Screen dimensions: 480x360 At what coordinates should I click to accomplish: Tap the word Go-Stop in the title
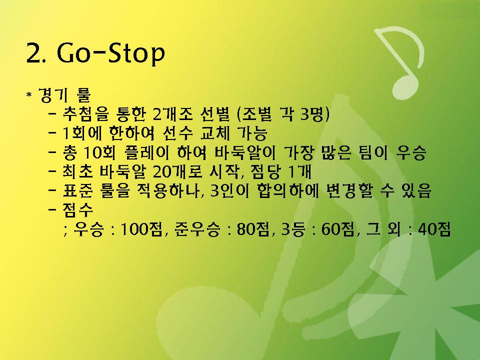click(x=111, y=54)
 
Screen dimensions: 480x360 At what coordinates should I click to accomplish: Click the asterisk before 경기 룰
click(x=29, y=94)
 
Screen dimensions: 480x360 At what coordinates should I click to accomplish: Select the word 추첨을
click(x=85, y=114)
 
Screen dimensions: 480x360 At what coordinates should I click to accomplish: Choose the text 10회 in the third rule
click(x=99, y=152)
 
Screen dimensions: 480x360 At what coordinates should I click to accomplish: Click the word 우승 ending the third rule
click(x=411, y=152)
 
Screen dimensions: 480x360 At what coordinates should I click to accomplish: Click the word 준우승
click(x=197, y=229)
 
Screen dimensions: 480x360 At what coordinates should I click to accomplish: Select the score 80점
click(x=254, y=229)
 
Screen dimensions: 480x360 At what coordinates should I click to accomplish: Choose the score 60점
click(x=338, y=229)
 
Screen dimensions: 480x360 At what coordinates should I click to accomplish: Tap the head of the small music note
click(x=405, y=87)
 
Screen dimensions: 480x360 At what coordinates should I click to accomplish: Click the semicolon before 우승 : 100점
click(x=65, y=230)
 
